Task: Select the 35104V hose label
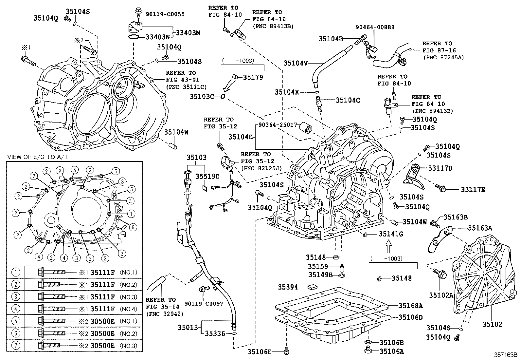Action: tap(296, 63)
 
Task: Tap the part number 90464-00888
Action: tap(375, 28)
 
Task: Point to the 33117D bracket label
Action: tap(440, 168)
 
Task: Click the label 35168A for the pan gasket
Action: tap(411, 306)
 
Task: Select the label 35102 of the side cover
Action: tap(492, 324)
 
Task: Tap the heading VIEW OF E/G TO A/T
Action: tap(38, 157)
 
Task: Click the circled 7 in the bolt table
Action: tap(16, 346)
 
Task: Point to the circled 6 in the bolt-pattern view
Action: tap(133, 227)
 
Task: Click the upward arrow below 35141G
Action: tap(388, 246)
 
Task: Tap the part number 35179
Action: tap(253, 78)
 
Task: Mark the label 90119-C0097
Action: tap(204, 304)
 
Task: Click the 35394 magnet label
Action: tap(288, 287)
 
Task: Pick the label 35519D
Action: tap(207, 176)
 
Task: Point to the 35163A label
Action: tap(480, 228)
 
